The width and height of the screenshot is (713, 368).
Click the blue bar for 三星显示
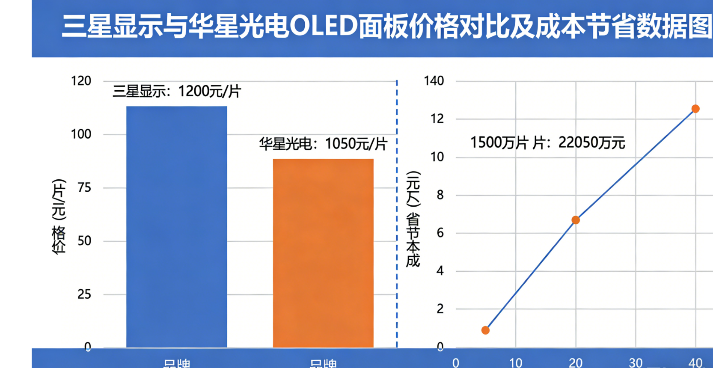pos(176,227)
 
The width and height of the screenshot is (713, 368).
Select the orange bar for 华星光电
pos(323,252)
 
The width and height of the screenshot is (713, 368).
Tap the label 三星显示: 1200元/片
pos(177,91)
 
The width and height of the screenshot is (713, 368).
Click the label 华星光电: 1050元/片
pos(323,144)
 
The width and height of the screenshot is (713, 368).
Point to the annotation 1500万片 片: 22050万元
pos(547,142)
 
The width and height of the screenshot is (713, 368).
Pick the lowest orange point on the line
pos(485,330)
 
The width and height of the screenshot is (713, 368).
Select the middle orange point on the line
pos(576,220)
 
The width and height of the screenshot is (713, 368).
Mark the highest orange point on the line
pos(695,109)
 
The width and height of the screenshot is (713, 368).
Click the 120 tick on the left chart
pos(81,81)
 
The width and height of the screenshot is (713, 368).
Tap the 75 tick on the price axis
pos(84,187)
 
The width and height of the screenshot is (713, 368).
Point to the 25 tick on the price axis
pos(84,294)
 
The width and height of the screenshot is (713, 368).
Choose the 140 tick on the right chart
pos(434,81)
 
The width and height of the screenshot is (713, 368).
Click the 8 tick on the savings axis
pos(440,195)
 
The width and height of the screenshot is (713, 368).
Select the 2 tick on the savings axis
pos(440,309)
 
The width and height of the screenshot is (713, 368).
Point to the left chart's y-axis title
pos(59,216)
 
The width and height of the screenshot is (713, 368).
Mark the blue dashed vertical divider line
pos(397,214)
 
